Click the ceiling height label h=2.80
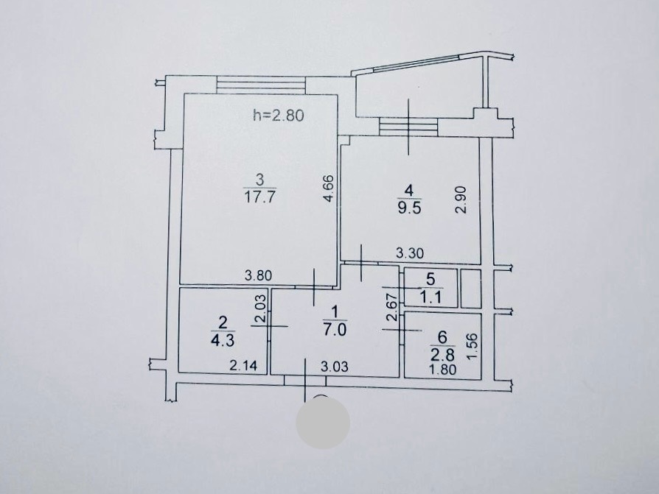[278, 115]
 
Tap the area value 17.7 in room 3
[259, 197]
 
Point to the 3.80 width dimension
[259, 276]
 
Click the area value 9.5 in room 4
[409, 208]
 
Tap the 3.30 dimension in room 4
[410, 253]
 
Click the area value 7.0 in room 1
[335, 330]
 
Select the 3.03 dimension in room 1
[335, 367]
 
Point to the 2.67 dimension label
[392, 308]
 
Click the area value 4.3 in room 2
[223, 340]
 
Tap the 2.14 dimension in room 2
[243, 366]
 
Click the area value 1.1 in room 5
[430, 297]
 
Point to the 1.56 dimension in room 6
[473, 346]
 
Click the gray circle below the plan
[323, 423]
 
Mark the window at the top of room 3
[260, 85]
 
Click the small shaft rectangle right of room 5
[471, 289]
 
